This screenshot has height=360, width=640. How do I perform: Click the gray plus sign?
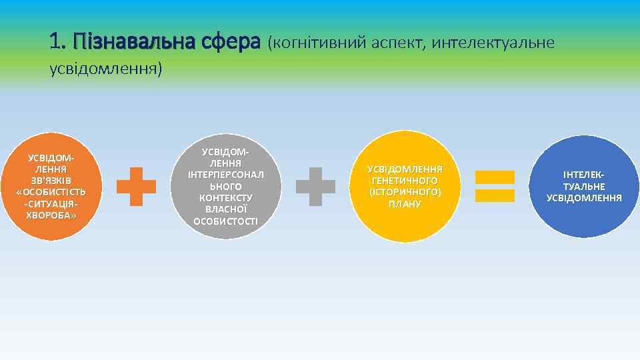coord(315,185)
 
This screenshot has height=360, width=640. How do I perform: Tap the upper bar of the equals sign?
coord(494,177)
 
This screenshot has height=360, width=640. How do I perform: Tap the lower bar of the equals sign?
coord(494,195)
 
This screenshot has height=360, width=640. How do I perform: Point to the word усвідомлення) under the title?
coord(106,69)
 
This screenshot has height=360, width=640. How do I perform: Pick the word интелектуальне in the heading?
coord(493,43)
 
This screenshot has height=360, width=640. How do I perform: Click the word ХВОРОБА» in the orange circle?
coord(51,216)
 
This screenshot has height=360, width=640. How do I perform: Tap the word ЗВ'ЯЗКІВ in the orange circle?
coord(51,181)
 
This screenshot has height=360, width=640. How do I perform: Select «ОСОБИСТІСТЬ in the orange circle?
coord(51,193)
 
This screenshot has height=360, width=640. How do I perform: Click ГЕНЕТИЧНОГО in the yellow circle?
coord(405,181)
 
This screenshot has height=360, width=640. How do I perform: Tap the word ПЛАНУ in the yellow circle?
coord(405,204)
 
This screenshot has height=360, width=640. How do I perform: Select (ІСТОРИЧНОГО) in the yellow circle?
coord(405,192)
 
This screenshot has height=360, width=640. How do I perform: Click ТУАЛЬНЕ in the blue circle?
coord(584,187)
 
